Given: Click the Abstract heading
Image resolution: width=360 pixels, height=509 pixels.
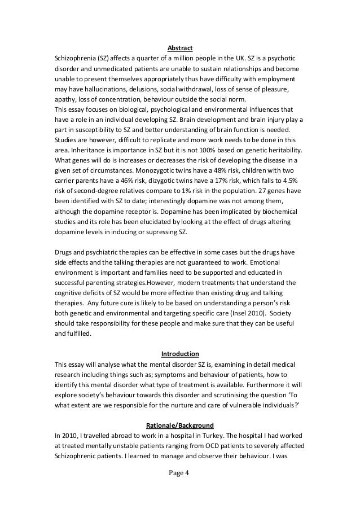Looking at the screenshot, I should [x=179, y=48].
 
